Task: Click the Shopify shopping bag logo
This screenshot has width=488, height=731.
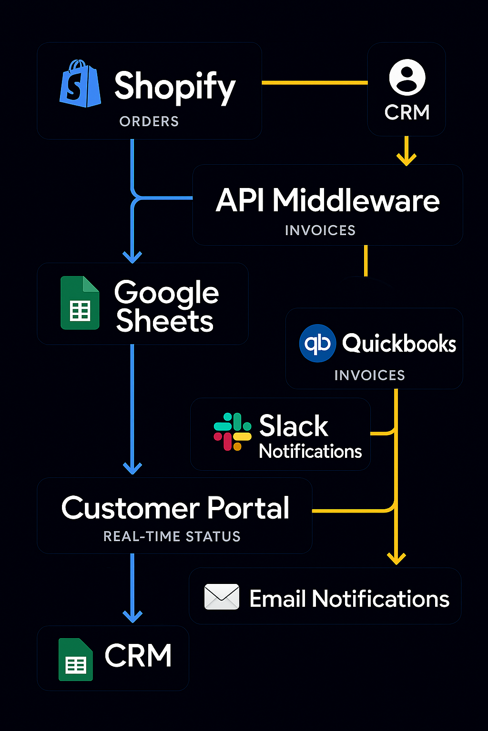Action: coord(80,84)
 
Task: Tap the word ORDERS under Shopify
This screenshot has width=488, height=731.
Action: coord(149,122)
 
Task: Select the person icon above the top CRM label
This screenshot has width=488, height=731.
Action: coord(407,77)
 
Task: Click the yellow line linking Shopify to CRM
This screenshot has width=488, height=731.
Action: coord(315,83)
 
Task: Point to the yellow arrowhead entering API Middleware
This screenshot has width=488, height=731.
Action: coord(407,159)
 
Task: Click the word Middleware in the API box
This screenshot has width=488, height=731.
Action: coord(356,200)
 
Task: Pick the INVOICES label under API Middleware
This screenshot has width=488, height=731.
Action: coord(320,231)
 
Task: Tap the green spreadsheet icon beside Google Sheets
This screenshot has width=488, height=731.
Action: coord(80,303)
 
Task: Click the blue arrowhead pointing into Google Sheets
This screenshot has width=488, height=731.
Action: coord(132,257)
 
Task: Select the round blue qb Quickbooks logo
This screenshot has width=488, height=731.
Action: coord(317,343)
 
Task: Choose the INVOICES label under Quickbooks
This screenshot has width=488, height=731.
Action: coord(369,375)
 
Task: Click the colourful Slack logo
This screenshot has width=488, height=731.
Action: coord(233,432)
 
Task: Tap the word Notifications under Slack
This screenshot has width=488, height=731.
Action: coord(310,451)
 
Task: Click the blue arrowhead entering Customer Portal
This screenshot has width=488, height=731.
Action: coord(132,468)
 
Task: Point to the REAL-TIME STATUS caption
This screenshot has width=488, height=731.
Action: coord(172,537)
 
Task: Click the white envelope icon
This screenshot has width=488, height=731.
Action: coord(222,597)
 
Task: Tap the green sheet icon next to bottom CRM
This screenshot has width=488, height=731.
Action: coord(76,660)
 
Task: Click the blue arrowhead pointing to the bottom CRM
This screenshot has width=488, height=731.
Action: coord(132,617)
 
